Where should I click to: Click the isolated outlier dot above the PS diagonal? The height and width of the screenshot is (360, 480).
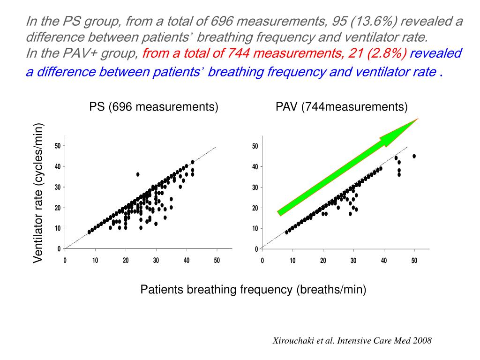tap(138, 174)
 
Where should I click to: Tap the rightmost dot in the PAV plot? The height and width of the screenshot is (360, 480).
tap(414, 156)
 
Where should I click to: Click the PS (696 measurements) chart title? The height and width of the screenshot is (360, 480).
tap(154, 107)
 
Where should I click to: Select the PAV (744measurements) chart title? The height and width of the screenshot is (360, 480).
tap(341, 107)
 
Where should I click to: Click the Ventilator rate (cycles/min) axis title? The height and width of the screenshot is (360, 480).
tap(38, 193)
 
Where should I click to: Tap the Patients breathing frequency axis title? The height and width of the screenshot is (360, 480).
tap(253, 290)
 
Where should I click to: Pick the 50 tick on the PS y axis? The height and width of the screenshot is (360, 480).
tap(57, 146)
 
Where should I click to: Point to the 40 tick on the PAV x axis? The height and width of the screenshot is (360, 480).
tap(384, 261)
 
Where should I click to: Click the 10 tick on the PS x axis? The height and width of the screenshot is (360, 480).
tap(95, 261)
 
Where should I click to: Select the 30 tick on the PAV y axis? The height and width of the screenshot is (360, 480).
tap(255, 187)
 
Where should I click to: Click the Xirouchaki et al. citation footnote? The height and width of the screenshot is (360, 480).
tap(352, 341)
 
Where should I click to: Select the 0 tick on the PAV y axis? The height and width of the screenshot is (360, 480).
tap(257, 249)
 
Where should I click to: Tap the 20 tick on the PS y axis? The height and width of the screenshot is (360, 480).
tap(57, 208)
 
